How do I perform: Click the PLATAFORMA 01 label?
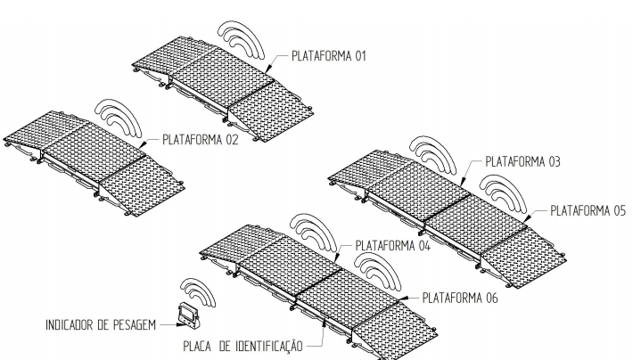329,56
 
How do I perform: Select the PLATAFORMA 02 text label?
201,140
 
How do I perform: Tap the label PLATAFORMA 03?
522,162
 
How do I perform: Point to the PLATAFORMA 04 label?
393,245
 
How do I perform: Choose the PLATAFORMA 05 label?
588,210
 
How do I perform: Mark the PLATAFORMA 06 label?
460,298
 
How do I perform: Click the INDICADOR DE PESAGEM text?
101,325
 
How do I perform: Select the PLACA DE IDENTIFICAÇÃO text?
243,346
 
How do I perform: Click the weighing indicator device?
189,315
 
